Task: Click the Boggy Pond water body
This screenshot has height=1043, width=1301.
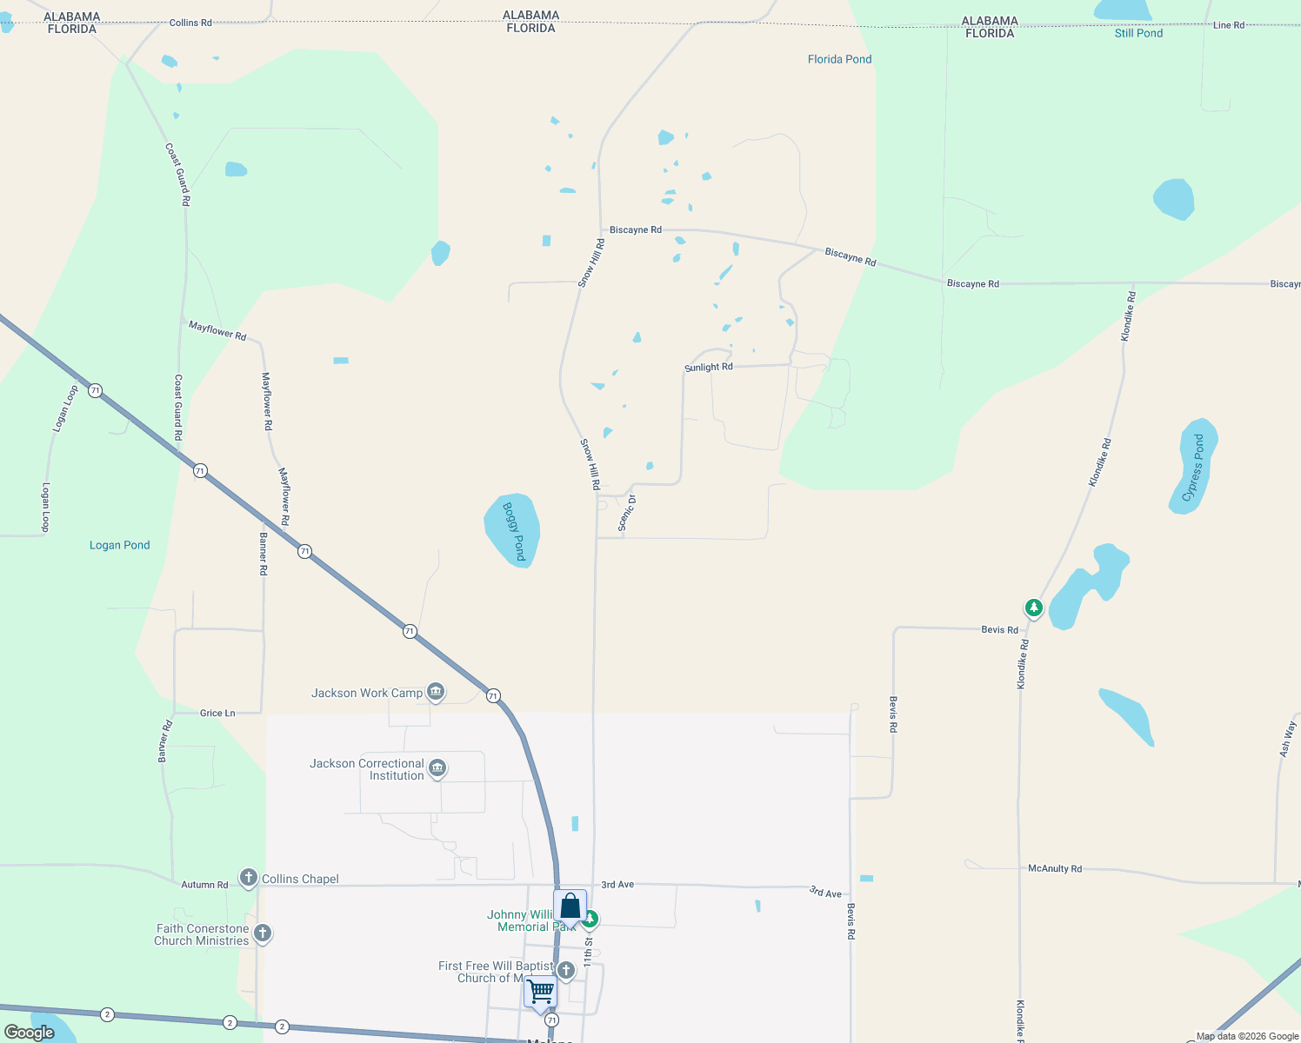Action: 511,529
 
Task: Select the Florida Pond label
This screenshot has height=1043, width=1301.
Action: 839,59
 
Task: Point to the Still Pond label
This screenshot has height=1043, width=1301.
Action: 1138,33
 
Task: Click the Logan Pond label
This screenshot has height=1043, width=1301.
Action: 120,545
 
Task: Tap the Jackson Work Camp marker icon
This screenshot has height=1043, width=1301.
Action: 436,692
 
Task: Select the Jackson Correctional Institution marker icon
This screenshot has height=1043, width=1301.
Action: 437,768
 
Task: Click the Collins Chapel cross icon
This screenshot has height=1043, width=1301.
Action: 249,878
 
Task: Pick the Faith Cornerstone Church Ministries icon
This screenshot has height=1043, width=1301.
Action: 263,933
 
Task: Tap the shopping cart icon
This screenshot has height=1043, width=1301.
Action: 541,992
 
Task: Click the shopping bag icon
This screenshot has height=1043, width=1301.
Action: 570,906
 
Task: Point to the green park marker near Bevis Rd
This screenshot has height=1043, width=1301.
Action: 1033,608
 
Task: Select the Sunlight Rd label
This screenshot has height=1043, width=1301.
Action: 709,368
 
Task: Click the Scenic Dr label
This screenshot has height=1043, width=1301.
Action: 626,512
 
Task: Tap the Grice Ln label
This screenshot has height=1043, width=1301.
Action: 217,713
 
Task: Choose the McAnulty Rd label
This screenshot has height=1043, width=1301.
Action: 1055,868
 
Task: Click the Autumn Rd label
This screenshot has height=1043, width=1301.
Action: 204,885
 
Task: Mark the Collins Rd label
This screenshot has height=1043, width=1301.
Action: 190,23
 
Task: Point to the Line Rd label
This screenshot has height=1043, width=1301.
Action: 1228,25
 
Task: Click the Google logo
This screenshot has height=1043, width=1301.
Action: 30,1033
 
